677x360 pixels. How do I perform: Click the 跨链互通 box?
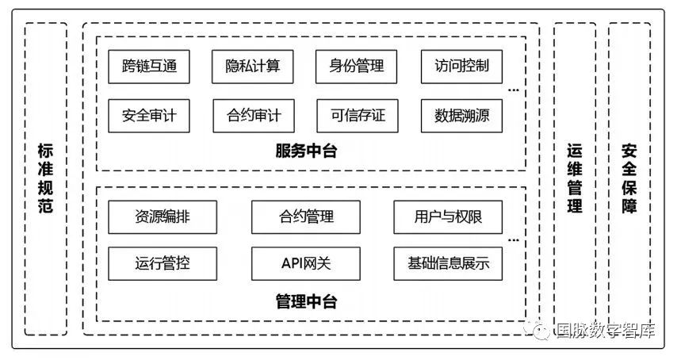(149, 67)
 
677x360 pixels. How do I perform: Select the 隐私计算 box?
(253, 67)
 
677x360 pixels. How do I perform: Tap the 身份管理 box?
(356, 67)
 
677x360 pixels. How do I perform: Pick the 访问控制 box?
(461, 67)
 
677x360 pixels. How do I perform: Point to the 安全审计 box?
(149, 116)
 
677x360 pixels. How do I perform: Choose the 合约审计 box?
(254, 116)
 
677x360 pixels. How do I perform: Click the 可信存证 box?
(358, 116)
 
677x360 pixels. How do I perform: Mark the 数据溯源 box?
(461, 116)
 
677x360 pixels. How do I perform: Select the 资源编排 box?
(163, 217)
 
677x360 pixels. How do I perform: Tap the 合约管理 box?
(306, 217)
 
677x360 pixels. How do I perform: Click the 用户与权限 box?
(448, 217)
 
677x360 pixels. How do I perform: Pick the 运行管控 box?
(163, 264)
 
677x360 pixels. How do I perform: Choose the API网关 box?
(306, 264)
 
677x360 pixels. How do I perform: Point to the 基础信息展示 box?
(448, 264)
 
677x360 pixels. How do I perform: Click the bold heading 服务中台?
(306, 151)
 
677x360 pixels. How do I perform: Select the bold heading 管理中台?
(306, 301)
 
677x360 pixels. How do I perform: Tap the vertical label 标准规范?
(45, 178)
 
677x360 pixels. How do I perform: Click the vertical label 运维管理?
(575, 178)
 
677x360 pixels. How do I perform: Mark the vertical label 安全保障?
(629, 178)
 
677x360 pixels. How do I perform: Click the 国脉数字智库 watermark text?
(606, 330)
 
